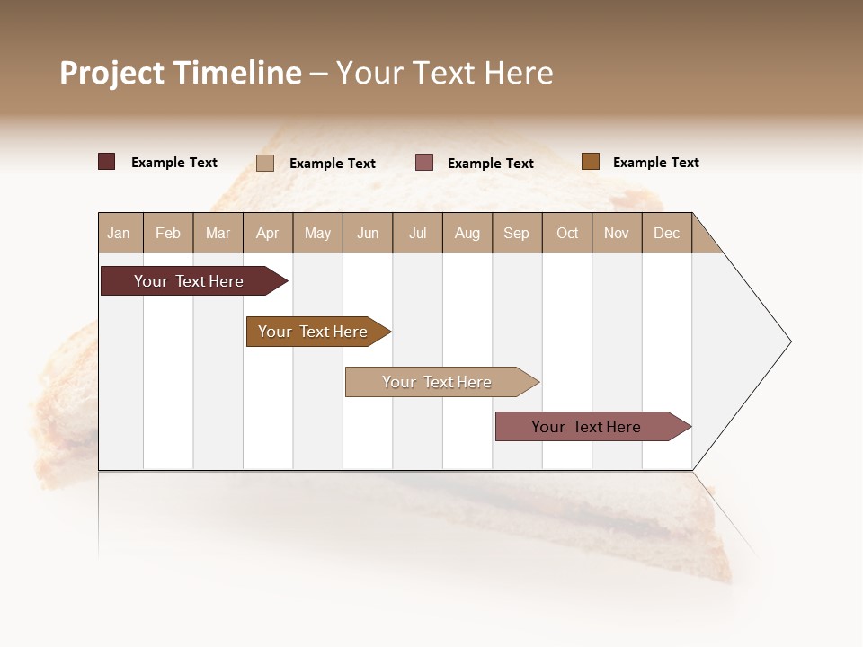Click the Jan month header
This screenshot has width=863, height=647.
119,233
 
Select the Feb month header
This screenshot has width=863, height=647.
168,233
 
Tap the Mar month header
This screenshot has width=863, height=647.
218,233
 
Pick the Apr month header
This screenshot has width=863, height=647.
267,233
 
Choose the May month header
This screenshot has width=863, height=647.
317,233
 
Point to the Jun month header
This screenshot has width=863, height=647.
368,233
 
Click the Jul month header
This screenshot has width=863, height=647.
417,233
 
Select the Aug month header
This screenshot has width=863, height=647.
467,233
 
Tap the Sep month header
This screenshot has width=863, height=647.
517,233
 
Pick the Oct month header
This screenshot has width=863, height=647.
567,233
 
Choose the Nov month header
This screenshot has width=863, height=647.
617,233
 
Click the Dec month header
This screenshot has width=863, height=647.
666,233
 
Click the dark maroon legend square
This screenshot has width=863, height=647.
107,162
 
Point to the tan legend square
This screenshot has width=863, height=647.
265,163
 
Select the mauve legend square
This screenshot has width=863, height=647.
424,163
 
